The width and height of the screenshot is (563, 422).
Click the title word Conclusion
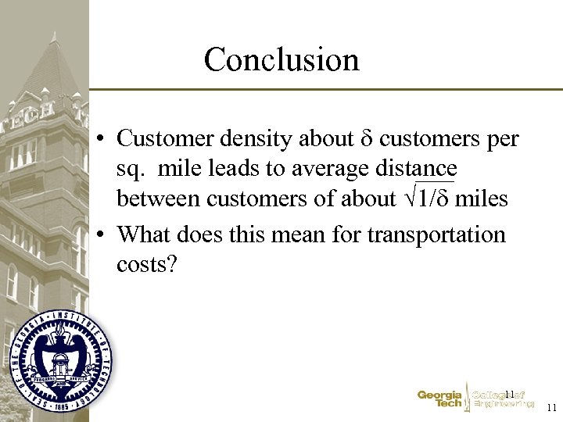coord(281,59)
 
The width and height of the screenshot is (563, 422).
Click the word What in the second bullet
coord(145,234)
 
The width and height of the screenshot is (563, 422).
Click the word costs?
coord(148,264)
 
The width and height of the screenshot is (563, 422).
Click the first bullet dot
coord(102,139)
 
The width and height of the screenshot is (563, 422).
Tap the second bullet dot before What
coord(102,235)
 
